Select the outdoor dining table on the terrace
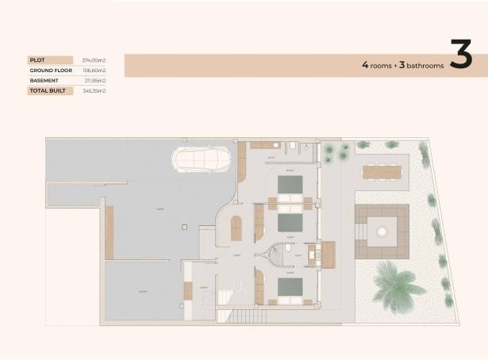click(383, 170)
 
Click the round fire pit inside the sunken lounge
click(382, 232)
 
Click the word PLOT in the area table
click(37, 59)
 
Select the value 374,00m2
click(94, 59)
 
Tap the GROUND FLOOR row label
click(47, 70)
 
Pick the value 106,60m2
click(94, 70)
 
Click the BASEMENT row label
click(44, 80)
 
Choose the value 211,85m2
click(94, 80)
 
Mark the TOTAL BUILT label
click(46, 91)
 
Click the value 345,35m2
click(94, 91)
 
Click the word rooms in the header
click(381, 66)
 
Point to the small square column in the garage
click(183, 226)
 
